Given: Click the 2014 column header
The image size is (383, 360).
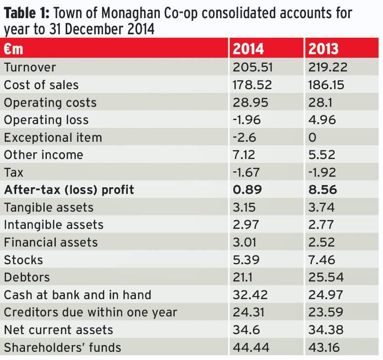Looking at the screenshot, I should (x=249, y=49).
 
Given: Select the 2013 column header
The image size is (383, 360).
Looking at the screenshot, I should (x=323, y=49).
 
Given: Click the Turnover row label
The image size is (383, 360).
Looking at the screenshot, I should (x=30, y=67).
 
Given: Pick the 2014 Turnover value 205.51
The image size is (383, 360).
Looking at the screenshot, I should (x=253, y=67).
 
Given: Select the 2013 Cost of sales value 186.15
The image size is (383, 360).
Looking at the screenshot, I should (x=326, y=85).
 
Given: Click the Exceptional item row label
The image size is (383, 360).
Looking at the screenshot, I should (x=53, y=137).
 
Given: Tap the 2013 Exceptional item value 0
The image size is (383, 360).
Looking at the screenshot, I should (x=313, y=137).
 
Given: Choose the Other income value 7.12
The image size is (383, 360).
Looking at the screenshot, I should (x=246, y=155).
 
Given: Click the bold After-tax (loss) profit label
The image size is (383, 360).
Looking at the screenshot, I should (x=69, y=190).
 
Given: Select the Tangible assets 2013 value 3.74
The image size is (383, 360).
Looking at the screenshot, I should (x=322, y=207).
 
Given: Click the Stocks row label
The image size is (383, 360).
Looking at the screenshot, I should (x=23, y=260).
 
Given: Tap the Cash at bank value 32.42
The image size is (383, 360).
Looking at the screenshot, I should (x=250, y=295).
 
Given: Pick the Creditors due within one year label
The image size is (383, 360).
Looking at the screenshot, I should (x=90, y=312).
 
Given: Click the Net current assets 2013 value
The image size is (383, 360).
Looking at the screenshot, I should (x=326, y=329).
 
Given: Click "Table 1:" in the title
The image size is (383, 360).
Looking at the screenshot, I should (x=31, y=12).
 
